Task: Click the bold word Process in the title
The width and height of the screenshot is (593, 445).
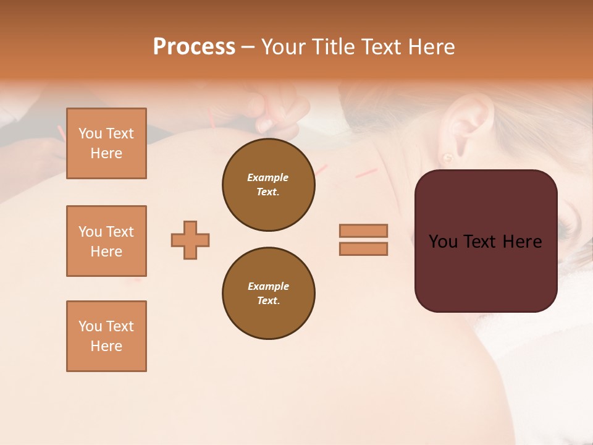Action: pos(194,47)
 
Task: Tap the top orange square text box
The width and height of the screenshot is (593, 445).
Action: pos(106,143)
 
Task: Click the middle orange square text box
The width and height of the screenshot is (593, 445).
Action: pos(106,241)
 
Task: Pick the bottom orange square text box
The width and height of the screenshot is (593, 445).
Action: pos(106,336)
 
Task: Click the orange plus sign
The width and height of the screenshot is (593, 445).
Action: pos(190,240)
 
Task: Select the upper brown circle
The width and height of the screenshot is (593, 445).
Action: pos(268,185)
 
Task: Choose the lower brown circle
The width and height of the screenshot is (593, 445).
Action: pos(268,294)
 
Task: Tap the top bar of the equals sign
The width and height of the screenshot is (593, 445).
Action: pos(363,231)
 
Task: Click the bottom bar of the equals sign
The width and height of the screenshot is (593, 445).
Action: pos(363,249)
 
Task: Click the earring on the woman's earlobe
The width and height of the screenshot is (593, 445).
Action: pos(447,157)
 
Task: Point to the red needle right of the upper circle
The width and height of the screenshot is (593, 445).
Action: pos(366,173)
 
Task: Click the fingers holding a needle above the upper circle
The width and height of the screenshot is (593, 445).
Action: pos(272,117)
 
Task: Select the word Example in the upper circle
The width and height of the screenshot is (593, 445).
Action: pos(268,177)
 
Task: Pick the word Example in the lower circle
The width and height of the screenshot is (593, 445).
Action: pos(268,286)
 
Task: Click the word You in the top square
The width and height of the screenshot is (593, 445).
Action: pos(90,133)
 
